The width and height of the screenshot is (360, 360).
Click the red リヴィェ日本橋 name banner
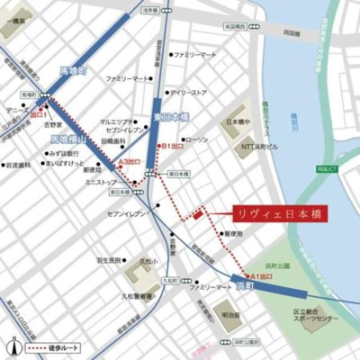[x=279, y=214]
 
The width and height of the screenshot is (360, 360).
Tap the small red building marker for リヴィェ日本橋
[x=197, y=213]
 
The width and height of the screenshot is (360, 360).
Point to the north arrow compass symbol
[x=13, y=346]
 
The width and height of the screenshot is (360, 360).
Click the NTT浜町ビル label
[x=259, y=145]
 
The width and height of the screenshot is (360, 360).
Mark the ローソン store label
[x=196, y=139]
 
